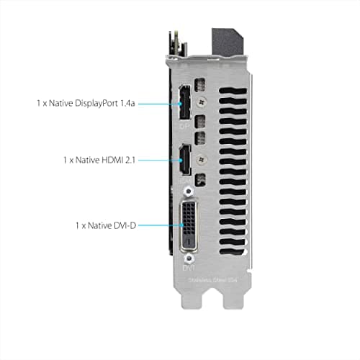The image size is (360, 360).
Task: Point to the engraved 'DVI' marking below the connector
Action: point(188,269)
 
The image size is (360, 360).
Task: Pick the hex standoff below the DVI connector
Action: point(189,256)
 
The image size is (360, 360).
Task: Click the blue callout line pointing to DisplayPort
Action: point(157,104)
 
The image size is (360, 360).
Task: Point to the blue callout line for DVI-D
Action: point(158,225)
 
